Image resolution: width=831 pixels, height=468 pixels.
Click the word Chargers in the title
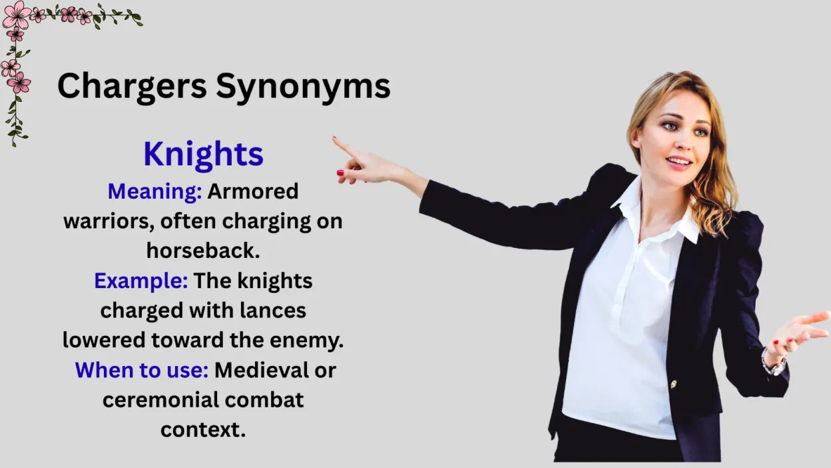tap(131, 86)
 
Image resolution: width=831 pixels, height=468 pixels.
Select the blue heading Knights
tap(203, 154)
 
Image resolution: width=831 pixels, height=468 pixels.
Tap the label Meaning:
tap(154, 192)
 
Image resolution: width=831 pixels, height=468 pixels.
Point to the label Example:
tap(140, 281)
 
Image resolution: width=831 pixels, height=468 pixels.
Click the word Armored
tap(253, 192)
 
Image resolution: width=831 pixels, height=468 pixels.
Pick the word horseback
tap(202, 251)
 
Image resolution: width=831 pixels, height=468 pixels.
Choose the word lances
tap(273, 310)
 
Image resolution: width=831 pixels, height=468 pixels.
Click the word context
tap(202, 429)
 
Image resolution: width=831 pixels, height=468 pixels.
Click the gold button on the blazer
tap(673, 384)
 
